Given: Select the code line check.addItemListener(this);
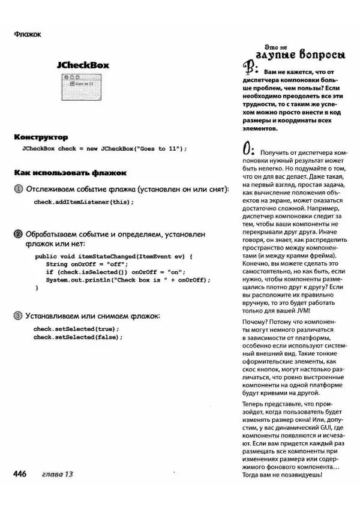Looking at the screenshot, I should tap(83, 202).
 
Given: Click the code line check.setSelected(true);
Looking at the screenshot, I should tap(76, 329).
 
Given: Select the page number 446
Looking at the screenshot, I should tap(20, 474).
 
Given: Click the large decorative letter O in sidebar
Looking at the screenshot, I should tap(247, 147).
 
